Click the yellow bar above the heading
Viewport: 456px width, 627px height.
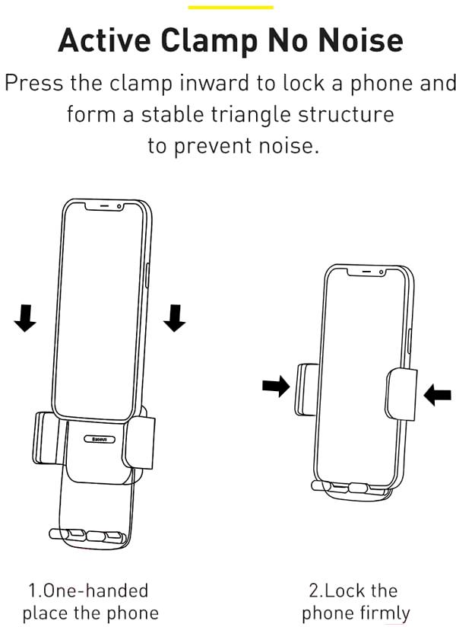[230, 7]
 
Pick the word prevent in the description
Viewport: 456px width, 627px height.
[219, 145]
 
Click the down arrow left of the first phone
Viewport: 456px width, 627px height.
[25, 318]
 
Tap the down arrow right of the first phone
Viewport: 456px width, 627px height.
[175, 317]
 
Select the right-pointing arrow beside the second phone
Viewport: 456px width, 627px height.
[276, 387]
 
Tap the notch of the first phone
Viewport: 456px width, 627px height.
[111, 207]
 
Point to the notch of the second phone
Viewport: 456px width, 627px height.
[371, 272]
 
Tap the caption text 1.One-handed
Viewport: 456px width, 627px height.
[89, 590]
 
